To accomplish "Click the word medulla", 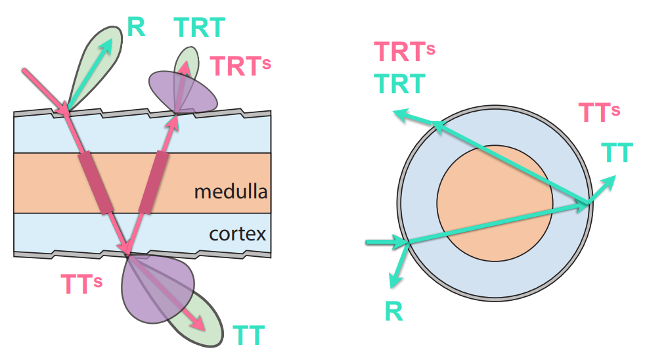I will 231,192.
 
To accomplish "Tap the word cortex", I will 237,233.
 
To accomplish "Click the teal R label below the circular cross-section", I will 394,311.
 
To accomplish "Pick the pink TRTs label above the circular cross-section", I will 404,52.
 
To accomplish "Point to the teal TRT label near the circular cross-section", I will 399,83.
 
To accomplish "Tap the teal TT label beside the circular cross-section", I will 617,153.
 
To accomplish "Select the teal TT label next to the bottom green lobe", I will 249,336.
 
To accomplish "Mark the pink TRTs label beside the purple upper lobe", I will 240,66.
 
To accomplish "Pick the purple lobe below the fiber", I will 148,296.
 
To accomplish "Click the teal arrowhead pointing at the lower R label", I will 393,282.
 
